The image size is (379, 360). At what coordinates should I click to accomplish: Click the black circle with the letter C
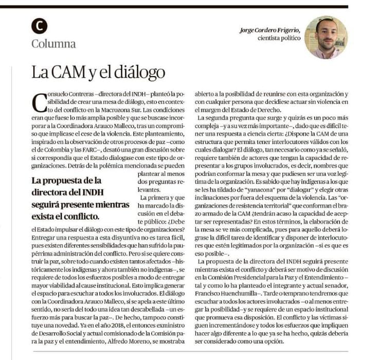[39, 26]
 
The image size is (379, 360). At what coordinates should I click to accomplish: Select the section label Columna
[53, 43]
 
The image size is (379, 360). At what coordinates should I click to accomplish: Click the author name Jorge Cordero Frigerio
[270, 30]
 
